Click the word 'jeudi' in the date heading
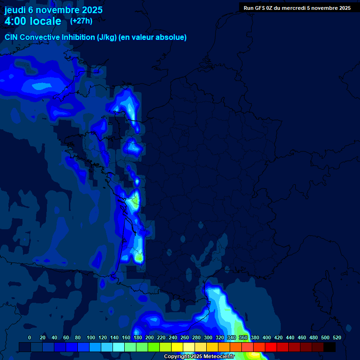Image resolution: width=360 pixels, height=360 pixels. [15, 10]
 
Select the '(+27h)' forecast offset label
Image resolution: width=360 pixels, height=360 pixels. [81, 21]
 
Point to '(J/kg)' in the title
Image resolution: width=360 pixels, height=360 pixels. [107, 37]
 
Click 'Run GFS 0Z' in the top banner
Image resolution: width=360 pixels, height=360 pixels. [258, 8]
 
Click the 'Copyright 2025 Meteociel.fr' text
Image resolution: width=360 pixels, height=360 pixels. [199, 357]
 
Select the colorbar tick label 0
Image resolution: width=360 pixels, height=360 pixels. [30, 337]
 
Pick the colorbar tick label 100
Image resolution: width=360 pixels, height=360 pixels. [91, 337]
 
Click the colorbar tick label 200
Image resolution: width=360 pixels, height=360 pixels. [150, 337]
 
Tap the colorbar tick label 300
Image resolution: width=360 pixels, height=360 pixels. [208, 337]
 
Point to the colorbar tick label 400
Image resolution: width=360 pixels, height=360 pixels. [267, 337]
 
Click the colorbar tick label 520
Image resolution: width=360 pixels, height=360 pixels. [337, 337]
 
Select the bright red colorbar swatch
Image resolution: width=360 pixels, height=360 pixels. [271, 347]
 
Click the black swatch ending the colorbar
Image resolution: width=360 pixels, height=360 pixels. [330, 347]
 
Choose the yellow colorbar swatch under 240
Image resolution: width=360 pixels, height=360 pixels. [177, 347]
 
